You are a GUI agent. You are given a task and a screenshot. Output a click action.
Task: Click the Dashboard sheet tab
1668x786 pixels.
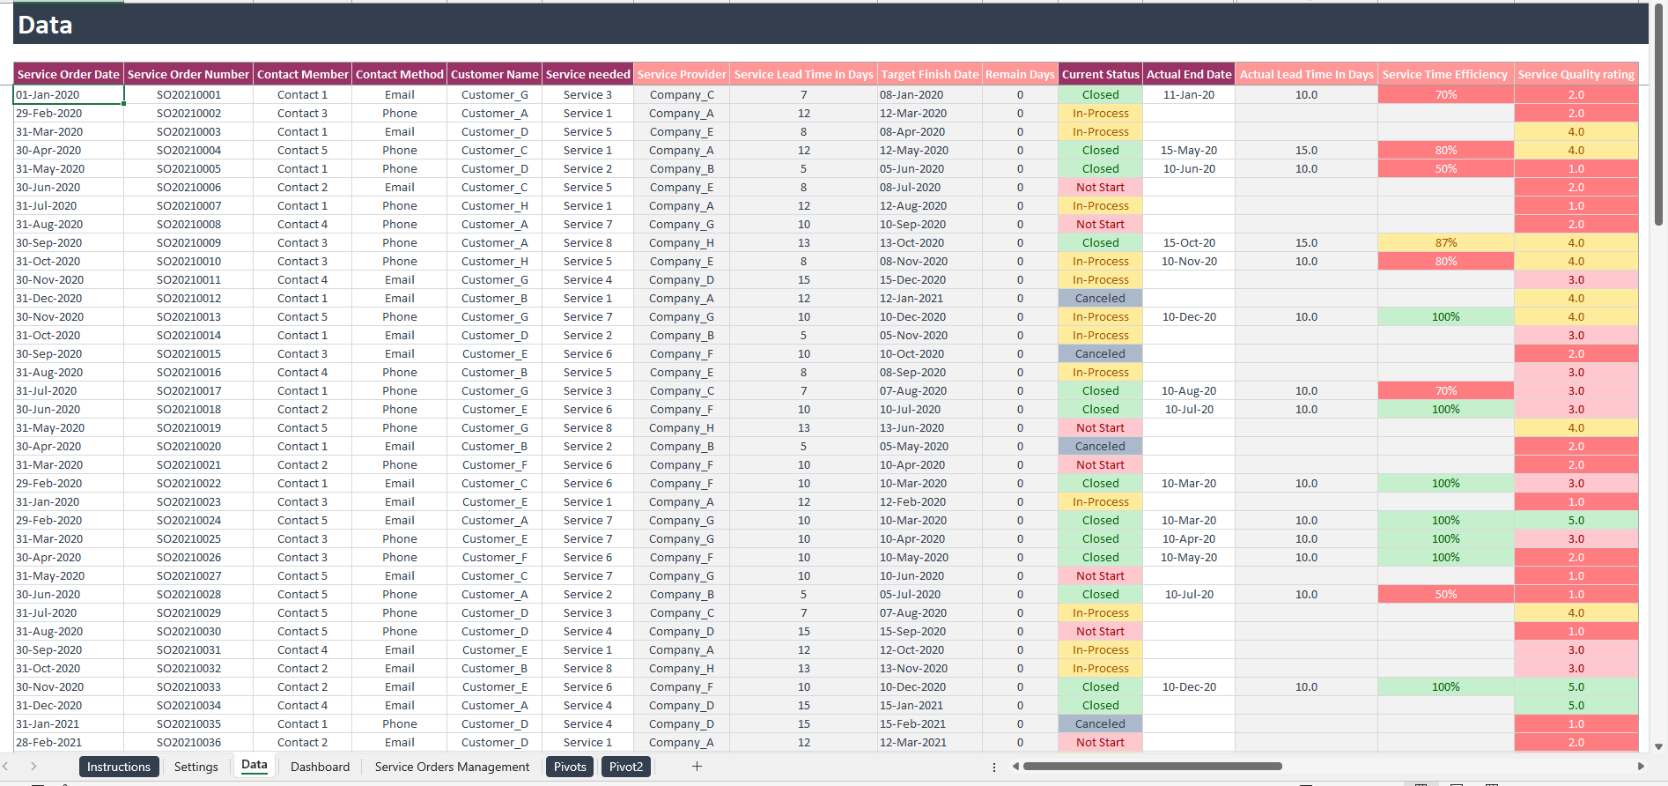pyautogui.click(x=320, y=767)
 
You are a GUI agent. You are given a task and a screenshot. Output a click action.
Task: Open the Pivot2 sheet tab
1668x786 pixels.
pyautogui.click(x=626, y=767)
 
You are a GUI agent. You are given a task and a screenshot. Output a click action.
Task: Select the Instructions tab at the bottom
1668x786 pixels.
pyautogui.click(x=119, y=767)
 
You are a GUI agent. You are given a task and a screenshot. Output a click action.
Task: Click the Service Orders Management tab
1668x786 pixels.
pyautogui.click(x=452, y=767)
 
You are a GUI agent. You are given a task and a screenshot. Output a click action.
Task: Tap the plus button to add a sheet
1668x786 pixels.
pyautogui.click(x=697, y=767)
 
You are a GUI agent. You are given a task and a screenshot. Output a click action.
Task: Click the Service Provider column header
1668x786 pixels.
pyautogui.click(x=682, y=75)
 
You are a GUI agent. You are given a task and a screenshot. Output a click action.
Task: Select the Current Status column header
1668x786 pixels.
pyautogui.click(x=1100, y=75)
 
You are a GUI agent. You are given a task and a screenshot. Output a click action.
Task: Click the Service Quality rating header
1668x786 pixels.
pyautogui.click(x=1576, y=75)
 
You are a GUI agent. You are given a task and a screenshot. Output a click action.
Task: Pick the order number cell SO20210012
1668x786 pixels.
pyautogui.click(x=188, y=299)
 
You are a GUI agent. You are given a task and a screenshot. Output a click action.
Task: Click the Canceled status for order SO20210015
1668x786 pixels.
pyautogui.click(x=1100, y=354)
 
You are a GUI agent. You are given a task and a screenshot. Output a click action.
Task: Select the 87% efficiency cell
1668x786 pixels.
pyautogui.click(x=1445, y=243)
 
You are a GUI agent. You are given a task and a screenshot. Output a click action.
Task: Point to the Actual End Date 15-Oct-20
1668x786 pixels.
pyautogui.click(x=1189, y=243)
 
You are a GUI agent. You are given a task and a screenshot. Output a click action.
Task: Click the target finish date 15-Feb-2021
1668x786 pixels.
pyautogui.click(x=912, y=724)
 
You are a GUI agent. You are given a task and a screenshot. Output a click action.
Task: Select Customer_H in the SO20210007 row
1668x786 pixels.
pyautogui.click(x=494, y=206)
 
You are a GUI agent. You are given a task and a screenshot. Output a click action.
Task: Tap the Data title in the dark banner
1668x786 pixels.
pyautogui.click(x=45, y=25)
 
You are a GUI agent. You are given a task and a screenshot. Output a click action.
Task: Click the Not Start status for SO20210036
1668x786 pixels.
pyautogui.click(x=1100, y=743)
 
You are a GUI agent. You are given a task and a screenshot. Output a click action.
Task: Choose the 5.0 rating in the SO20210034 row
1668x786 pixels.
pyautogui.click(x=1576, y=706)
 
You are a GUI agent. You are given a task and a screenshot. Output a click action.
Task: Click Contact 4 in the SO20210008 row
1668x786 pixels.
pyautogui.click(x=302, y=225)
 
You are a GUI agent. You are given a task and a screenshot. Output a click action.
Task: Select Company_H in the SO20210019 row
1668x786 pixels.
pyautogui.click(x=682, y=428)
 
